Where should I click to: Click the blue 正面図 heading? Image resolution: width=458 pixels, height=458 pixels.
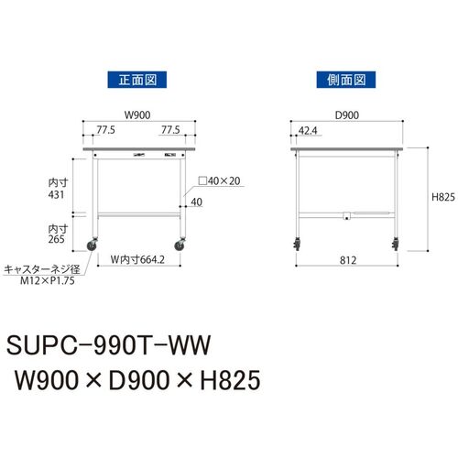pyautogui.click(x=137, y=80)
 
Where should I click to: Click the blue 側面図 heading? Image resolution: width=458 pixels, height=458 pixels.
pyautogui.click(x=346, y=80)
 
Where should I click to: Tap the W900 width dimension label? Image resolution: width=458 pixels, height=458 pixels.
pyautogui.click(x=137, y=115)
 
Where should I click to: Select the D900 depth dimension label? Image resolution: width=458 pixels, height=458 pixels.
pyautogui.click(x=347, y=115)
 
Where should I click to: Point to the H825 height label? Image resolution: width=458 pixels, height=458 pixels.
pyautogui.click(x=443, y=197)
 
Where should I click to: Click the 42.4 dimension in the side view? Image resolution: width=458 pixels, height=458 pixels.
pyautogui.click(x=308, y=131)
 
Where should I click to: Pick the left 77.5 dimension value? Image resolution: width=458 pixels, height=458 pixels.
pyautogui.click(x=105, y=130)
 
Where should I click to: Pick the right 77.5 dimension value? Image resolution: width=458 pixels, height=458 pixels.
pyautogui.click(x=170, y=130)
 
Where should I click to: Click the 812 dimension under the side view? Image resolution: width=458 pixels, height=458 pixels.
pyautogui.click(x=348, y=260)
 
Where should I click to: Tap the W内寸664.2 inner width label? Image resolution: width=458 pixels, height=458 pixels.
pyautogui.click(x=137, y=259)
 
